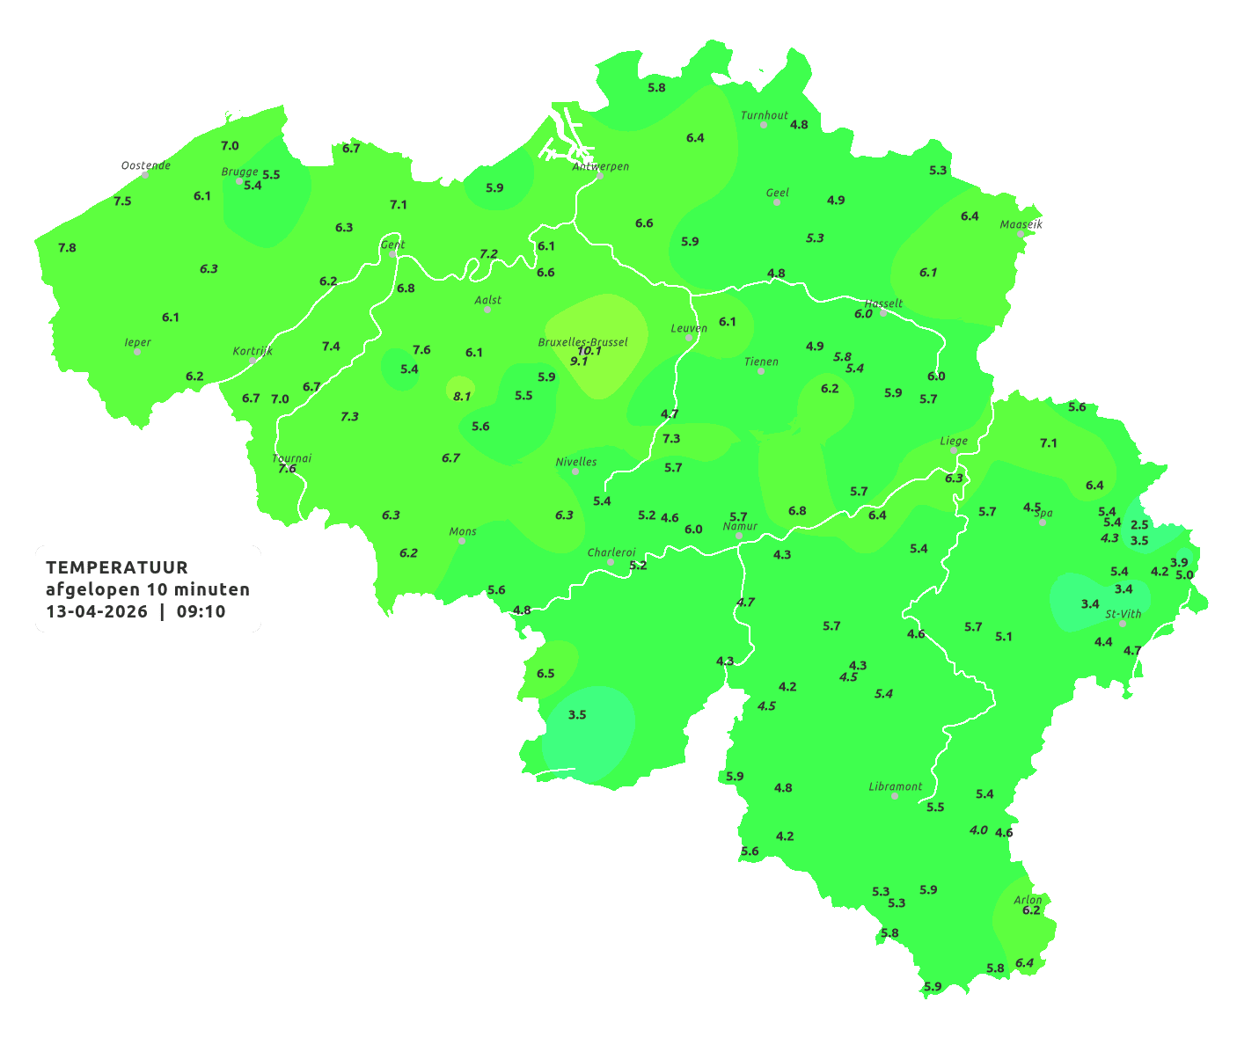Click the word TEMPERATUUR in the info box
pyautogui.click(x=117, y=567)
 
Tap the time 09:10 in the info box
pyautogui.click(x=201, y=611)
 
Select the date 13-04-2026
pyautogui.click(x=97, y=611)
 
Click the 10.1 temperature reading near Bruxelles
pyautogui.click(x=589, y=350)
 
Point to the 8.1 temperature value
pyautogui.click(x=462, y=397)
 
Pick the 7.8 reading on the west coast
pyautogui.click(x=67, y=248)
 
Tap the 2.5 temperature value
pyautogui.click(x=1139, y=525)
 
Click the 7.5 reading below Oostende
pyautogui.click(x=122, y=201)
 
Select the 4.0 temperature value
pyautogui.click(x=978, y=830)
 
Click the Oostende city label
pyautogui.click(x=146, y=165)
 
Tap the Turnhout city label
pyautogui.click(x=765, y=115)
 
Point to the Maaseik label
pyautogui.click(x=1021, y=224)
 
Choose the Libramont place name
pyautogui.click(x=896, y=786)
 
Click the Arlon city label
pyautogui.click(x=1028, y=900)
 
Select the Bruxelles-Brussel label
pyautogui.click(x=583, y=341)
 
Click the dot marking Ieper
pyautogui.click(x=137, y=352)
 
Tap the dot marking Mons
pyautogui.click(x=462, y=541)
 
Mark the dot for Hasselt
pyautogui.click(x=883, y=312)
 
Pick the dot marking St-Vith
pyautogui.click(x=1123, y=624)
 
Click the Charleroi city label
pyautogui.click(x=611, y=552)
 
